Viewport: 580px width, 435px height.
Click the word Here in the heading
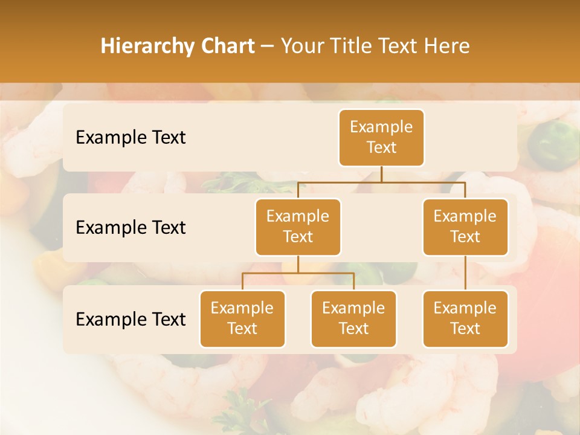(446, 47)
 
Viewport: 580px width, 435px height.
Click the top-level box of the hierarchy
(381, 137)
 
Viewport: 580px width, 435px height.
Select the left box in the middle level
(298, 227)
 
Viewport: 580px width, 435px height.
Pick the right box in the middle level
(465, 227)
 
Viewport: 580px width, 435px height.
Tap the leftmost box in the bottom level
(242, 318)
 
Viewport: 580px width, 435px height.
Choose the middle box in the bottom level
(353, 318)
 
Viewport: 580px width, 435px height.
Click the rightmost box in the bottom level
(465, 318)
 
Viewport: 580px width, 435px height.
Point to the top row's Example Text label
(130, 138)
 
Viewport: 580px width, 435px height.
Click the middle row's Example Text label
(130, 228)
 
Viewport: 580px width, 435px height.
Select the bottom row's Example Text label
(130, 319)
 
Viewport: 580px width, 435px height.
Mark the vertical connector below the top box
(381, 174)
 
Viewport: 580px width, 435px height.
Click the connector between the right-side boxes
(465, 273)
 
